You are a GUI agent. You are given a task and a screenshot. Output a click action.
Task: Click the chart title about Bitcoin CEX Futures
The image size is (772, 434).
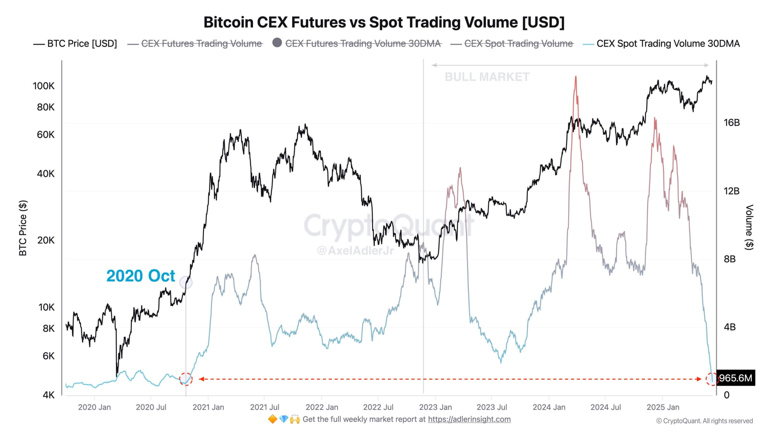(384, 22)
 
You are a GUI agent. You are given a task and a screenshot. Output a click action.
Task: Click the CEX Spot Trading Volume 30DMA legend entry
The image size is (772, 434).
(668, 44)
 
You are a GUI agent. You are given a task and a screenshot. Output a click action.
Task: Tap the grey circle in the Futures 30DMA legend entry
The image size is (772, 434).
(277, 43)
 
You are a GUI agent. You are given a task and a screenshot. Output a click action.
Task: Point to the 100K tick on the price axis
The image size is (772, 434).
(44, 86)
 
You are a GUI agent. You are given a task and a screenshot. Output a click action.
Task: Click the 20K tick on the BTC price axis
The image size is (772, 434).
(46, 241)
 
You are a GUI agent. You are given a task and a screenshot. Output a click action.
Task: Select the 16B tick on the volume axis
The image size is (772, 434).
(732, 123)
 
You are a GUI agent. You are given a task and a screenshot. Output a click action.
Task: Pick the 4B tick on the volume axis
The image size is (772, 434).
(729, 327)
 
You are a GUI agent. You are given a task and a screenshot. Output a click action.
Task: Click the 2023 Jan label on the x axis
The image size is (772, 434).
(435, 407)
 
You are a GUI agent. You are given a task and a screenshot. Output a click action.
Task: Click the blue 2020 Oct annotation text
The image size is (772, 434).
(141, 276)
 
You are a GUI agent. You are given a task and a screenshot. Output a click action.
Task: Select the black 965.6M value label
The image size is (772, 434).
(736, 378)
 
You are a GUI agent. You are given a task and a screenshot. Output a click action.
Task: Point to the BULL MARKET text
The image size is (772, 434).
(487, 77)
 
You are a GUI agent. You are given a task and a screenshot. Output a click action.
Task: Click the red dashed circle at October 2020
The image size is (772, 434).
(186, 379)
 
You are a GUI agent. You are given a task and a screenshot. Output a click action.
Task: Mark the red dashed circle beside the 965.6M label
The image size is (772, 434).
(712, 379)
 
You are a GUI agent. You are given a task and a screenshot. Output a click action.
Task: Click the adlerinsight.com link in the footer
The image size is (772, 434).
(469, 420)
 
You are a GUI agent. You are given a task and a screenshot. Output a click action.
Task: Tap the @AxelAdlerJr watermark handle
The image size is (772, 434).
(355, 250)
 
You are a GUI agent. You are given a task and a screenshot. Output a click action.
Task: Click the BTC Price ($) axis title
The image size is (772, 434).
(23, 228)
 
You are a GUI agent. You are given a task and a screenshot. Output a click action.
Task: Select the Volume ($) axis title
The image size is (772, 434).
(749, 227)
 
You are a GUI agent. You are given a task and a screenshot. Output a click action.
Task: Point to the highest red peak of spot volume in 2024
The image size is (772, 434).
(576, 77)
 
